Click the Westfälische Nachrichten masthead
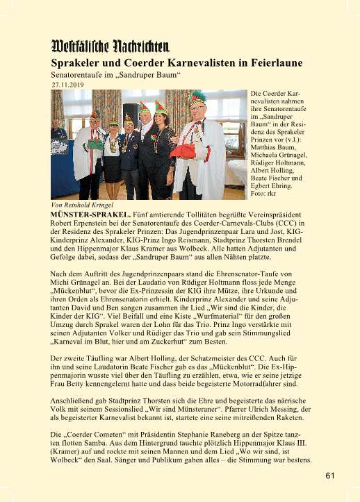click(x=111, y=47)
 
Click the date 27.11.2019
click(x=67, y=85)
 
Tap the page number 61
click(x=329, y=476)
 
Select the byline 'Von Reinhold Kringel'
click(x=82, y=206)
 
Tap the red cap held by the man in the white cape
click(x=182, y=150)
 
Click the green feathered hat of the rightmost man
click(x=198, y=98)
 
